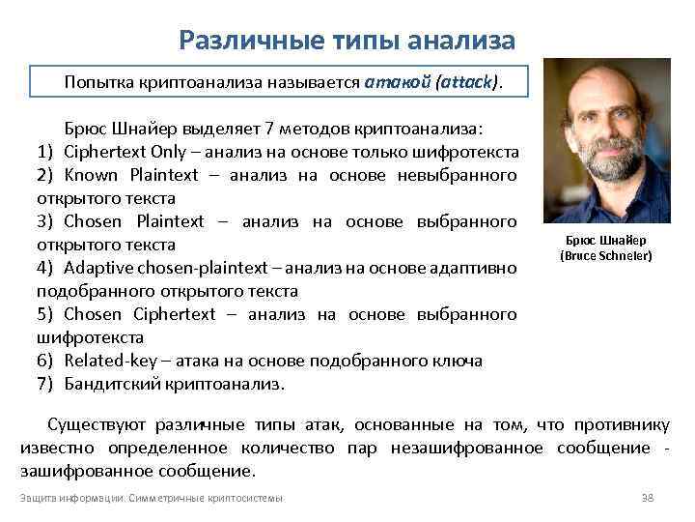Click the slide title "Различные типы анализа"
(347, 41)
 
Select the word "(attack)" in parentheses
(468, 82)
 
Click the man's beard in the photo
(606, 164)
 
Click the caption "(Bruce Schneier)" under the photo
(606, 255)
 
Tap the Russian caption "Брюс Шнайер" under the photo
(606, 240)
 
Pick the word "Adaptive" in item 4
(97, 268)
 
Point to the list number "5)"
(44, 314)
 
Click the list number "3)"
(44, 221)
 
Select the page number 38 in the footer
(648, 498)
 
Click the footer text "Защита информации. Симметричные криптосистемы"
(152, 498)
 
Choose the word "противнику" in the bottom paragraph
(621, 424)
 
